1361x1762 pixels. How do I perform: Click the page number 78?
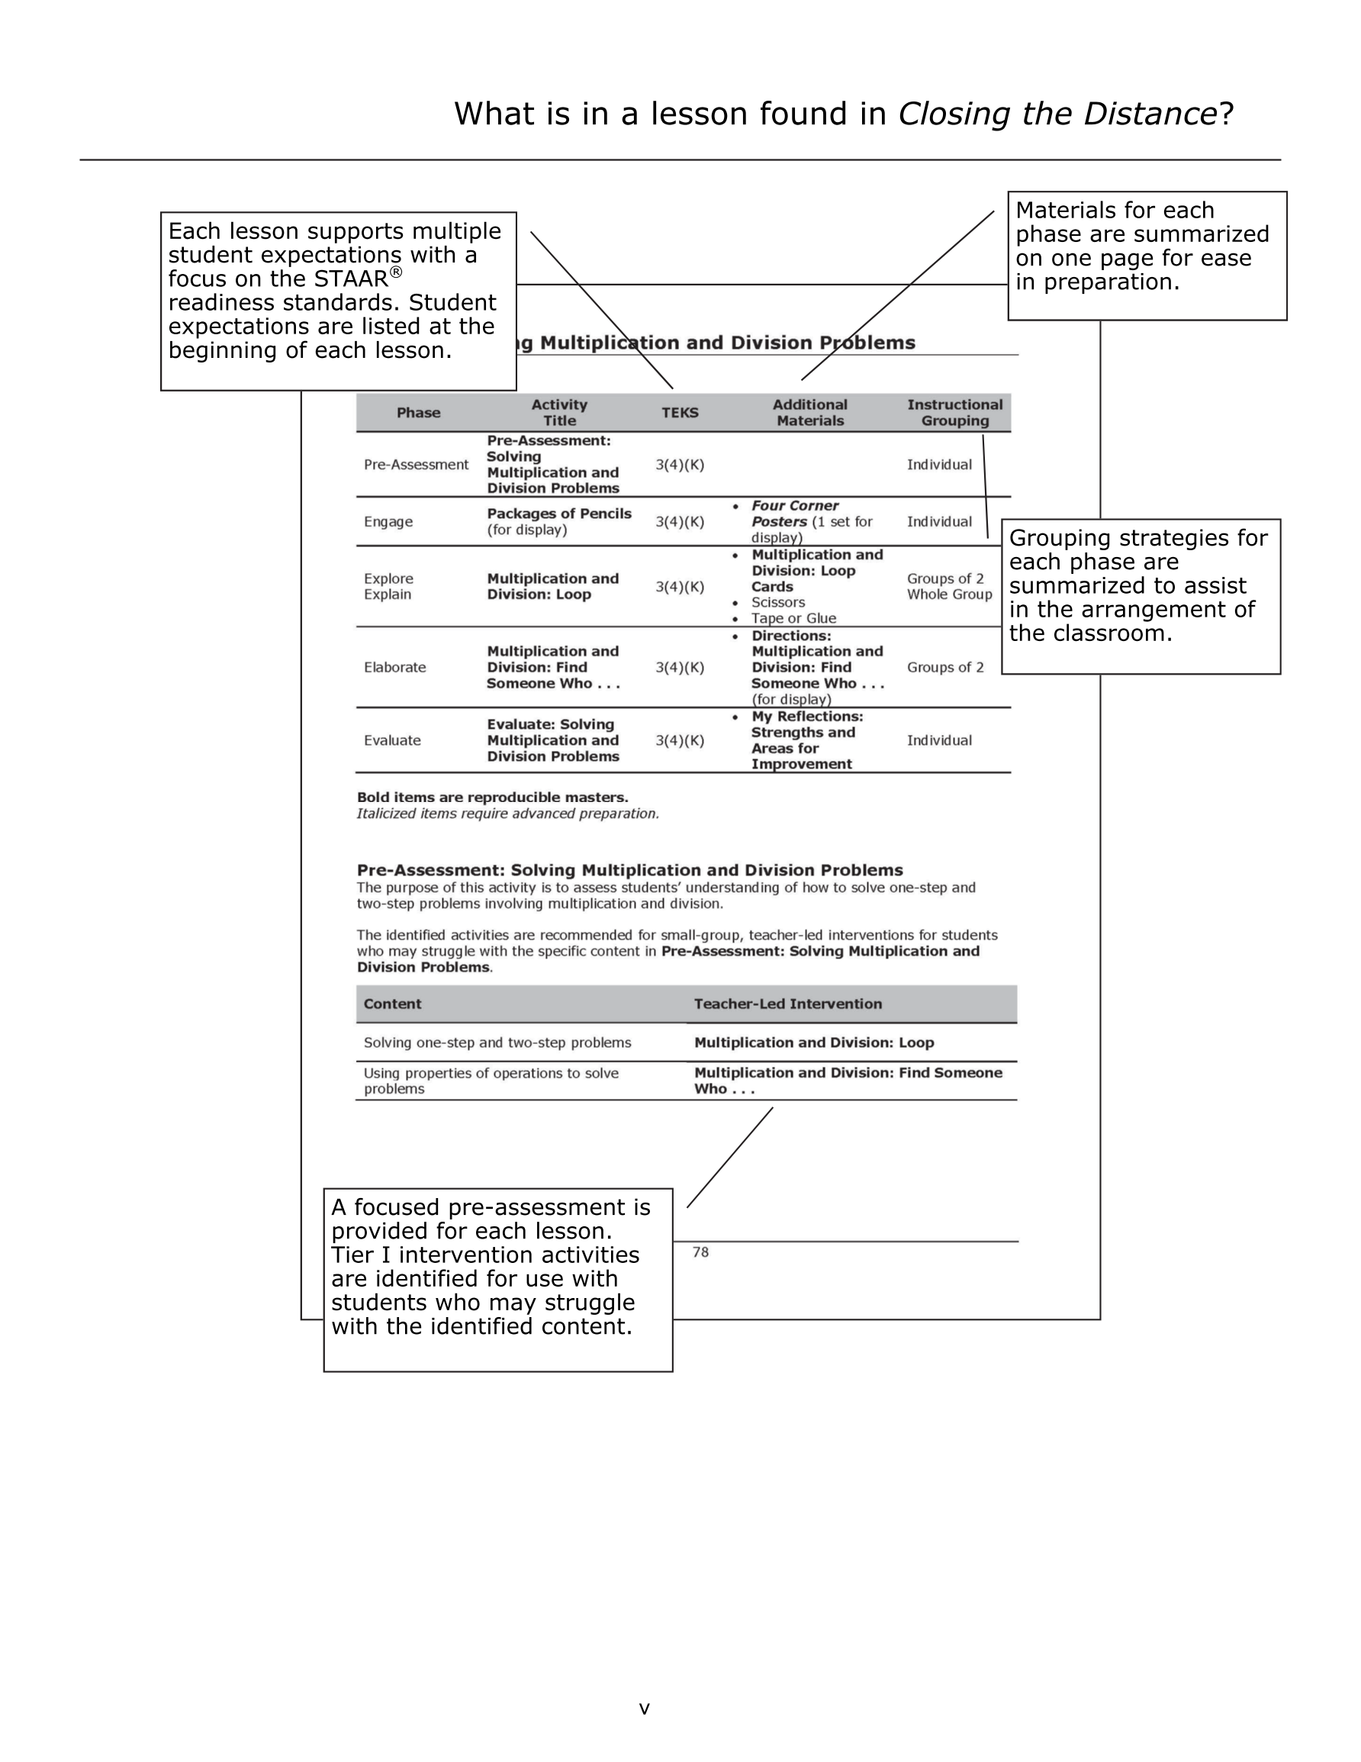700,1252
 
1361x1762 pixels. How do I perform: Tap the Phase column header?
418,412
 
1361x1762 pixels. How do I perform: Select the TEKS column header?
680,412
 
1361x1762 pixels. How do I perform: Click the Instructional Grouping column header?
954,412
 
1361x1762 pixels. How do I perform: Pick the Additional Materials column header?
810,412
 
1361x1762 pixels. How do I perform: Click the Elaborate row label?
394,667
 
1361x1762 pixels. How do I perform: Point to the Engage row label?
388,522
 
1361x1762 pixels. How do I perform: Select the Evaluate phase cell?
392,741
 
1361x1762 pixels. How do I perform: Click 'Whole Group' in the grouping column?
950,594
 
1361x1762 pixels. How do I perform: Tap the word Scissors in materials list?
777,603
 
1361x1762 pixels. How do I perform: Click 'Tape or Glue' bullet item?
794,619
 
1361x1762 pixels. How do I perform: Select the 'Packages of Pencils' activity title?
559,514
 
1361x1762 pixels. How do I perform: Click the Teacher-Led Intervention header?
787,1003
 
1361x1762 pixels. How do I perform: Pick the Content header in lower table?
392,1003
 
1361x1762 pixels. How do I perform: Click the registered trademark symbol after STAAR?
396,272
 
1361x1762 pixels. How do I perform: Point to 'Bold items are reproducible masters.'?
492,797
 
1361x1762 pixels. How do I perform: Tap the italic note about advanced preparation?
507,813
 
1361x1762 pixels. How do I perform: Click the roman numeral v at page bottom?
644,1708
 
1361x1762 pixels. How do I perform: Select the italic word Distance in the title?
1150,114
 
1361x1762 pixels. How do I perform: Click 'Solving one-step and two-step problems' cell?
497,1042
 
